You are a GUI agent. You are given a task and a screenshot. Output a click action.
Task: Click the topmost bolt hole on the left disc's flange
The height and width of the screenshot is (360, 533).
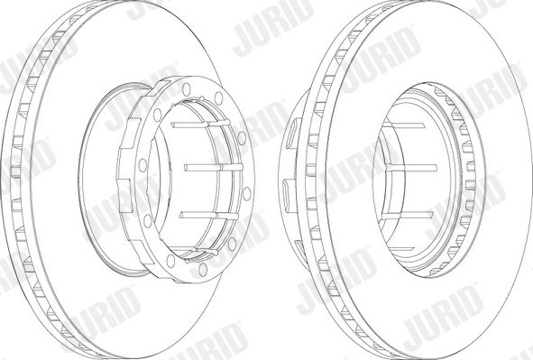point(187,89)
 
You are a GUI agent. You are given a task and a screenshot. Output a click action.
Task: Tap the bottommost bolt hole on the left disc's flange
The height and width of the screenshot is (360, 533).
point(203,270)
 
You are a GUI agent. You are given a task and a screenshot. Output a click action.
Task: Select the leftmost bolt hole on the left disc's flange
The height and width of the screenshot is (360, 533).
point(142,165)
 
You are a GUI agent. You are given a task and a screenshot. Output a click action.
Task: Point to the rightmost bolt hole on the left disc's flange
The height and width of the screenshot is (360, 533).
point(247,193)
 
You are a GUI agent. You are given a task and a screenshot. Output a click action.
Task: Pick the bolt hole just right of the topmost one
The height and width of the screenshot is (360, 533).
point(218,98)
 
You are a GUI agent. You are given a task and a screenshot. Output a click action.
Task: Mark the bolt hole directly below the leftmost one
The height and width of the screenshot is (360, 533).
point(148,221)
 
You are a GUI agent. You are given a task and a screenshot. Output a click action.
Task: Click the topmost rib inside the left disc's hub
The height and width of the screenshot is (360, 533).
point(198,124)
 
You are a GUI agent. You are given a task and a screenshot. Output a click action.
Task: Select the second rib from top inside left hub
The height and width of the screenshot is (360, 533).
point(214,167)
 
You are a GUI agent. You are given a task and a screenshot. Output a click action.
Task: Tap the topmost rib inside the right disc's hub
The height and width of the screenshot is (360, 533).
point(403,125)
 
